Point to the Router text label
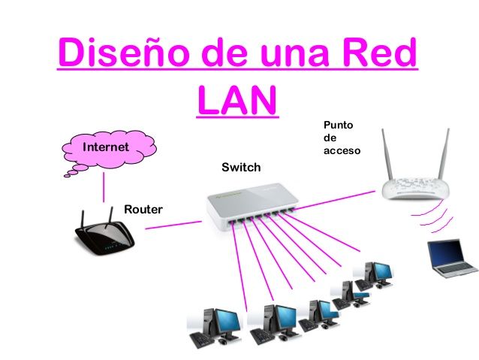tap(143, 210)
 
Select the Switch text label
tap(241, 168)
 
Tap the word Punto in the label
tap(338, 125)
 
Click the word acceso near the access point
tap(342, 151)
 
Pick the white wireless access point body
tap(415, 188)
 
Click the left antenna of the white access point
tap(387, 155)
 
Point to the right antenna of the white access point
tap(444, 154)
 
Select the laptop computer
tap(452, 259)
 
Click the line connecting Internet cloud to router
tap(104, 187)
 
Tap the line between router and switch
tap(173, 225)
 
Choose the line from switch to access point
tap(335, 201)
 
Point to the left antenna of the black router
tap(82, 219)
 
